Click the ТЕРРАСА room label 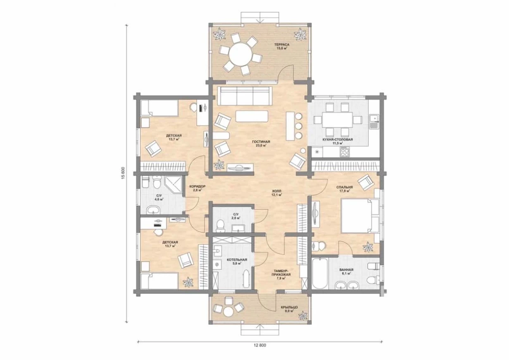tap(281, 45)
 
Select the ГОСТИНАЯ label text tap(261, 142)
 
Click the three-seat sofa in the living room tap(245, 96)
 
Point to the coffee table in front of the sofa tap(252, 116)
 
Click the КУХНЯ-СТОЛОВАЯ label tap(338, 140)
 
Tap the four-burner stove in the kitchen tap(344, 151)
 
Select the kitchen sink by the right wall tap(374, 122)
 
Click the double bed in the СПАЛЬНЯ tap(360, 216)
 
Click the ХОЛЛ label tap(277, 191)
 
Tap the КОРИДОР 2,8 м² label tap(197, 188)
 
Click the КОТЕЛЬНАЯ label tap(237, 260)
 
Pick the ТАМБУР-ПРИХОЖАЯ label tap(282, 272)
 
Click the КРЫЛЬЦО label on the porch tap(289, 307)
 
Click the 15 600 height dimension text tap(124, 173)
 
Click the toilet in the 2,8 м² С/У tap(220, 226)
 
